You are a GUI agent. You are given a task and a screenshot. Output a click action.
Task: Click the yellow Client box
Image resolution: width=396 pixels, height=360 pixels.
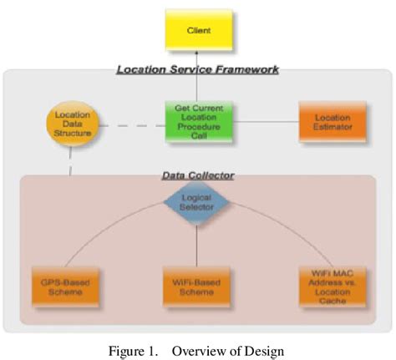[x=197, y=30]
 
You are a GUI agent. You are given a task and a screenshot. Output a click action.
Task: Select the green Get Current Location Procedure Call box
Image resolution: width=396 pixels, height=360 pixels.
[x=197, y=125]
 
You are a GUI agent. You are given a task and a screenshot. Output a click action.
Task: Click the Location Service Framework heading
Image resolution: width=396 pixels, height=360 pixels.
[x=197, y=70]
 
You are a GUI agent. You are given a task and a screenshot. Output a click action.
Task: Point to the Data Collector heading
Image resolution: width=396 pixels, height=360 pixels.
[x=197, y=175]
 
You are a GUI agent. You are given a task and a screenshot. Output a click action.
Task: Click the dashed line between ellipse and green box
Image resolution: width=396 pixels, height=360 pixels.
[x=133, y=126]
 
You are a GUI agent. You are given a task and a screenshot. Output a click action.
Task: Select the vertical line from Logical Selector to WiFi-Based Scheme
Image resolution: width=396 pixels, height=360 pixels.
[x=197, y=242]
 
